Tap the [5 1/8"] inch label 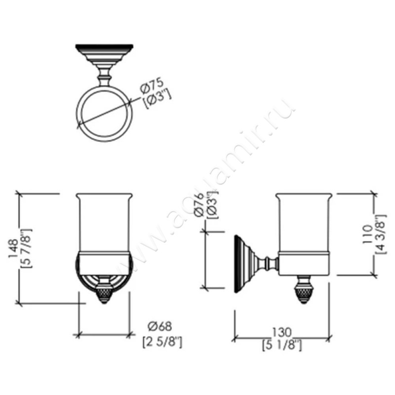click(283, 345)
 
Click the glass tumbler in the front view click(104, 222)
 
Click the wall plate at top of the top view click(104, 50)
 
